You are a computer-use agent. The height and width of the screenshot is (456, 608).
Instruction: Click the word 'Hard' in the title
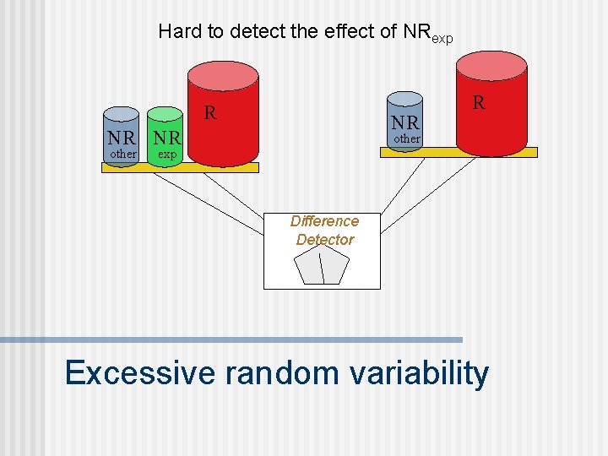177,32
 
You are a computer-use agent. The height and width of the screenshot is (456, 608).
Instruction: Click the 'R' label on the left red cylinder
211,112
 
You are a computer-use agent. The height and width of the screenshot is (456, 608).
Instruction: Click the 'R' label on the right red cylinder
479,103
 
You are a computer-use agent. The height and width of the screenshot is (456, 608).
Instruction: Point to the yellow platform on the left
144,167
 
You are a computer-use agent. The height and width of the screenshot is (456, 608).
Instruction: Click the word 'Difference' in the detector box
324,221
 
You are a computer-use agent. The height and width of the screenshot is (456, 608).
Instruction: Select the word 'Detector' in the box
324,240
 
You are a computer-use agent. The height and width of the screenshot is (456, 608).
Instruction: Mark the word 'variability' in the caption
419,372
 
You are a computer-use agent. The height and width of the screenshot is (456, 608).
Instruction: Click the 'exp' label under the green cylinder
167,155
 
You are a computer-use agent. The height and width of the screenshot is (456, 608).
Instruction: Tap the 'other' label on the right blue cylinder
406,138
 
